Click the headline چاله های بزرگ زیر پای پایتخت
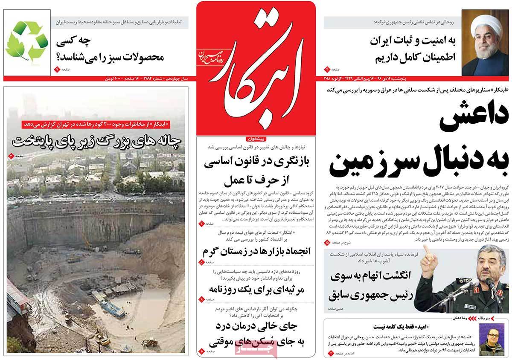[98, 140]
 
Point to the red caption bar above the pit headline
[97, 125]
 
